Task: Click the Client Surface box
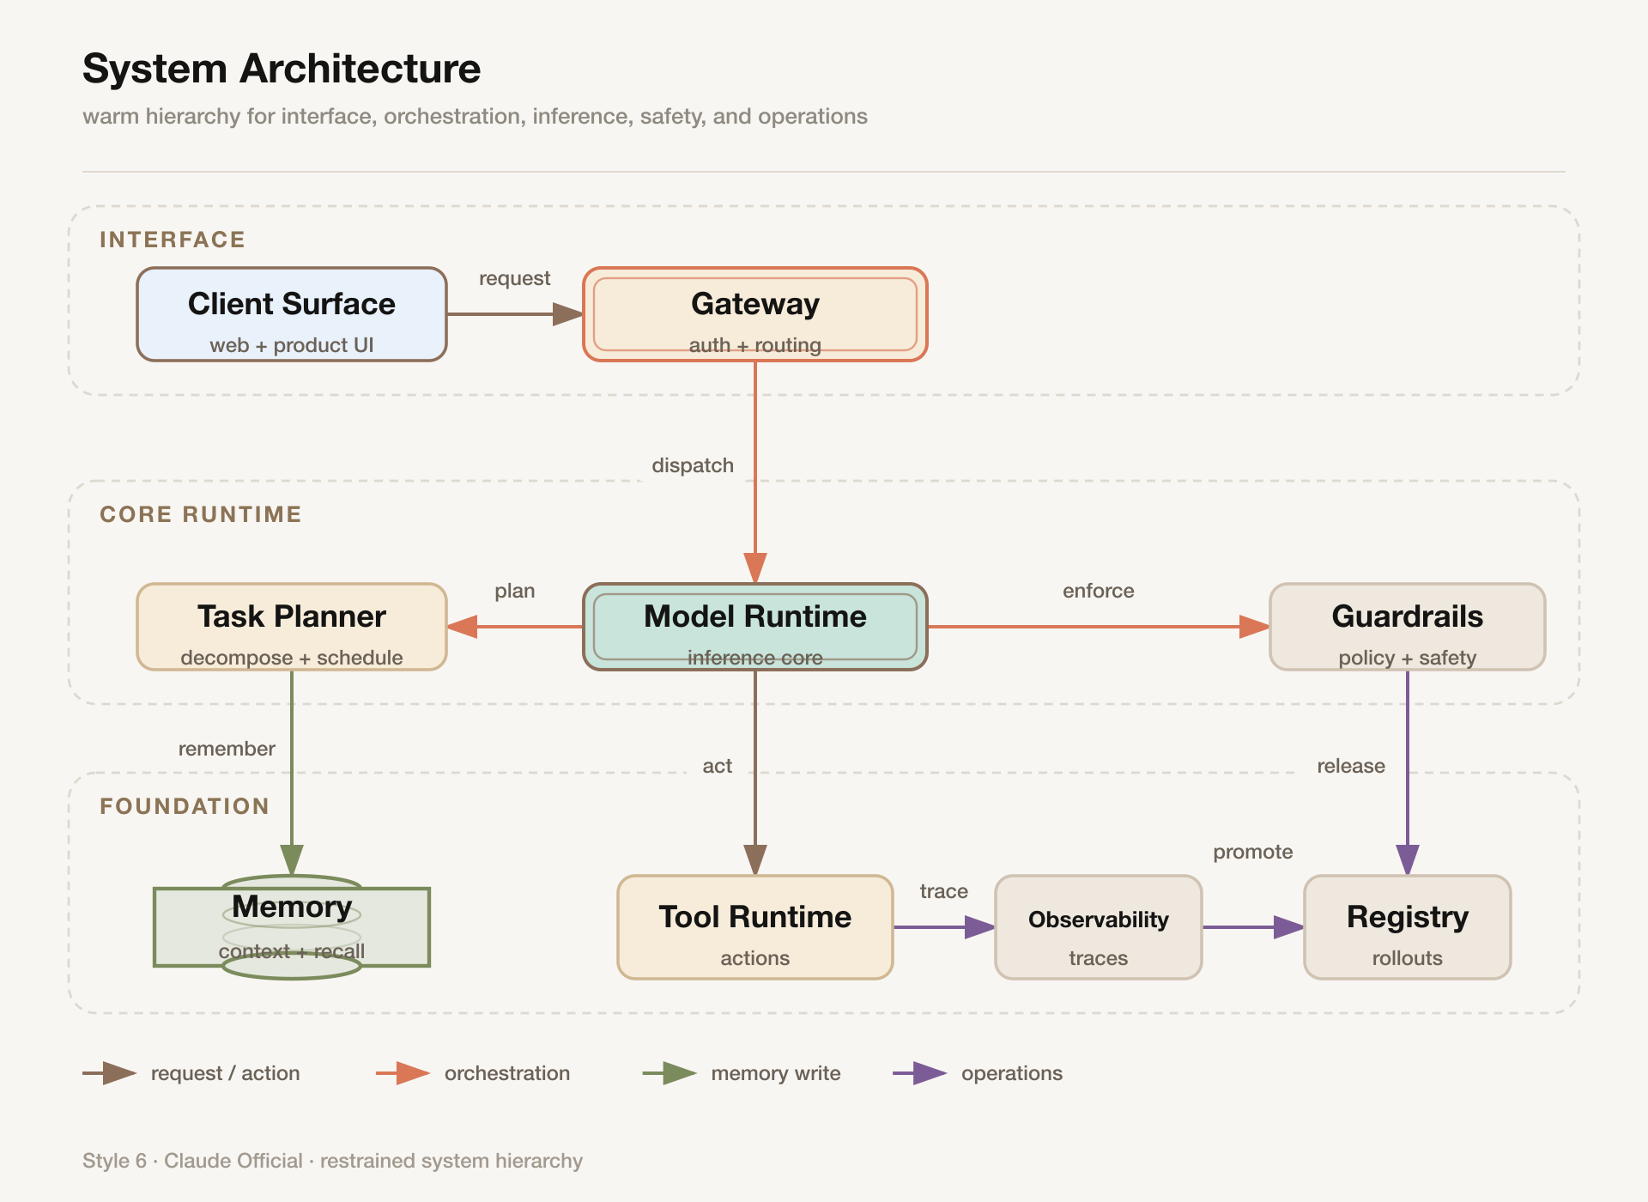coord(292,314)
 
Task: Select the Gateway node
coord(755,314)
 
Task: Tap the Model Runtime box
coord(755,627)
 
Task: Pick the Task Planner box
coord(292,627)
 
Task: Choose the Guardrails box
coord(1408,627)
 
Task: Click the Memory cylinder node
coord(292,927)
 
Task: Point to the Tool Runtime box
coord(755,927)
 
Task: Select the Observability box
coord(1099,927)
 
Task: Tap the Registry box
coord(1408,927)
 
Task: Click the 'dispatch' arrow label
coord(693,465)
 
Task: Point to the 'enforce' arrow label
coord(1099,591)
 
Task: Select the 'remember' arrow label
coord(227,749)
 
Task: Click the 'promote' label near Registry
coord(1253,852)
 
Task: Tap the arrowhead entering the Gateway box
coord(568,314)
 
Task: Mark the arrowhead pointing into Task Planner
coord(462,627)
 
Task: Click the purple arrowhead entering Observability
coord(980,927)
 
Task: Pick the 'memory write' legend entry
coord(742,1073)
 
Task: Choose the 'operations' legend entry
coord(978,1073)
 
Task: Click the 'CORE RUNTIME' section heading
coord(201,514)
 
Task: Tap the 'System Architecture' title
coord(282,69)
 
